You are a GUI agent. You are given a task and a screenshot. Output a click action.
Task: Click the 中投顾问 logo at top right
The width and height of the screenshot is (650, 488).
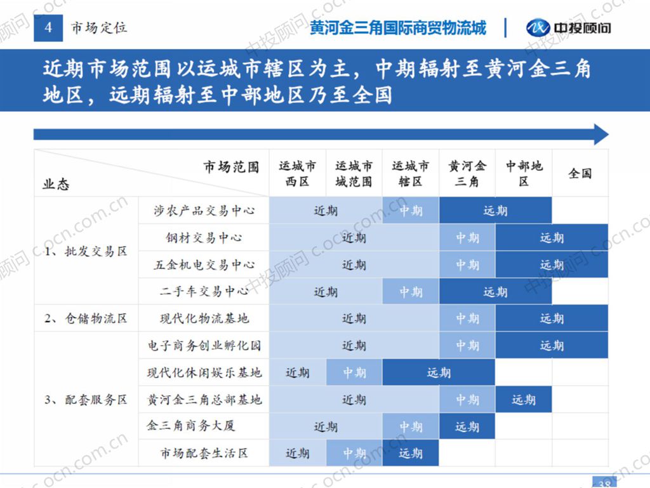[569, 27]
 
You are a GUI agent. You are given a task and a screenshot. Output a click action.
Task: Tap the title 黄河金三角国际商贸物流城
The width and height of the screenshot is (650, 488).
[398, 27]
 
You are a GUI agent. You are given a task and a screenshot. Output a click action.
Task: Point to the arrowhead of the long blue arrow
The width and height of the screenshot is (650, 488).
[602, 134]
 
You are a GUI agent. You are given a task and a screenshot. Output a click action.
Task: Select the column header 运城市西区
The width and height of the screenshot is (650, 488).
[297, 173]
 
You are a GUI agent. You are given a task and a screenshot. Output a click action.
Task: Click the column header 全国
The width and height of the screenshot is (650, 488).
[580, 173]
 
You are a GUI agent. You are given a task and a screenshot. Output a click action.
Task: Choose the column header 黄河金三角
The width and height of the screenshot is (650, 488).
[467, 173]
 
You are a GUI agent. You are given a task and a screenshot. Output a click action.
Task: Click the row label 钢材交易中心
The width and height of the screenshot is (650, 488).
[204, 238]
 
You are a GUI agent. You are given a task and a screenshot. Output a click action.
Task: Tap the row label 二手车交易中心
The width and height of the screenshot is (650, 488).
[204, 292]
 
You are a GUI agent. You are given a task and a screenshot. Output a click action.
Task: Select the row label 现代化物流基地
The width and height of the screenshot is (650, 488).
[204, 318]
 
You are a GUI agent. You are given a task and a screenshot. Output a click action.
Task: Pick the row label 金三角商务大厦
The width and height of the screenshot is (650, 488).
[191, 426]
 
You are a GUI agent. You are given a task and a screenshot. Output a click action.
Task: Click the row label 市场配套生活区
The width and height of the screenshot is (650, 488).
[204, 453]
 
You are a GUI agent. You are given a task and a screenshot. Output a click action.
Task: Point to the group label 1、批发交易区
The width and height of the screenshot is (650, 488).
[86, 251]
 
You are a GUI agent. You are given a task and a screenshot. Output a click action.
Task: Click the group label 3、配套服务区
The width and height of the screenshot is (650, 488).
[86, 400]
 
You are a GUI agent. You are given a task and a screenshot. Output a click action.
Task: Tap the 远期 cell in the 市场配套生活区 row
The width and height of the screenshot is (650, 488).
[411, 453]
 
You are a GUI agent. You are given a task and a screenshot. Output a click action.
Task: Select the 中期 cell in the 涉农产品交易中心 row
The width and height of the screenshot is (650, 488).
[411, 210]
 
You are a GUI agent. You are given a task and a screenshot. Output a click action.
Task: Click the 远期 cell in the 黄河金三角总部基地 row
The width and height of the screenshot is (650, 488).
[524, 400]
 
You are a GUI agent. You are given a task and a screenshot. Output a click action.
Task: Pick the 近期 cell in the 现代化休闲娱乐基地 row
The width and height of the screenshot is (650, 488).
[297, 372]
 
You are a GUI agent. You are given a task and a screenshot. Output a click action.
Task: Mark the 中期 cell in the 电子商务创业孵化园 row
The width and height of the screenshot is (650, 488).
[467, 346]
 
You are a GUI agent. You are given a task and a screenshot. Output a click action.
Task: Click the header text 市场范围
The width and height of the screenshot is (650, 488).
[231, 166]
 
